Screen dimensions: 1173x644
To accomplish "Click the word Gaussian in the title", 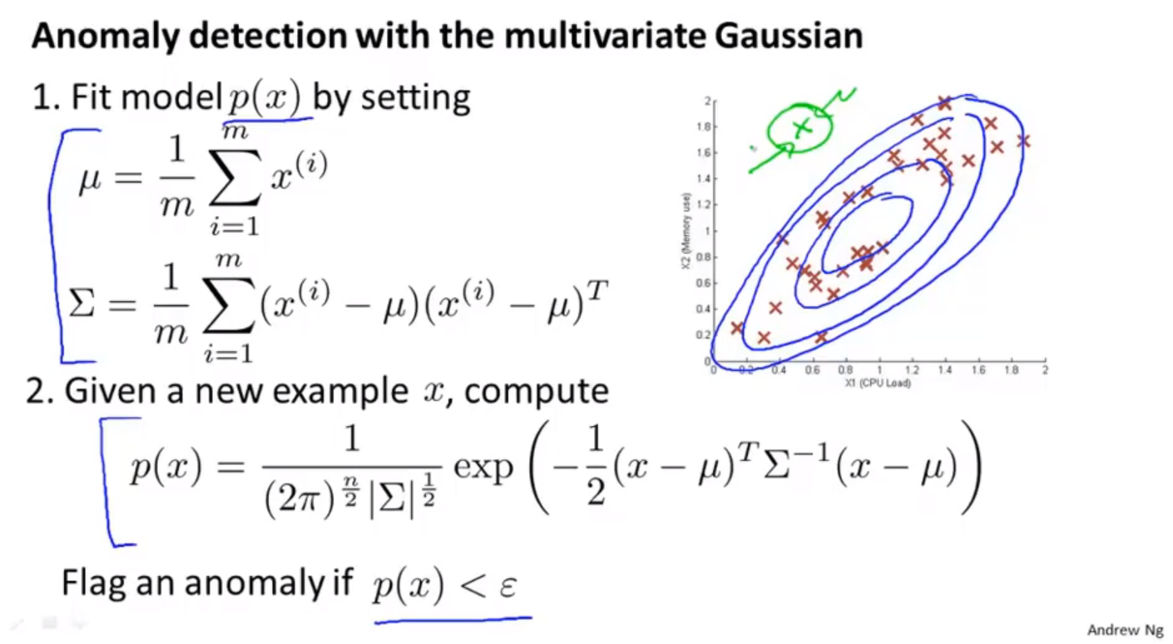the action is (x=789, y=36).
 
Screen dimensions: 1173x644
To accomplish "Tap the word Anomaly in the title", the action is (x=106, y=37).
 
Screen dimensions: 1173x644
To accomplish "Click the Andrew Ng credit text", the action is (x=1126, y=629).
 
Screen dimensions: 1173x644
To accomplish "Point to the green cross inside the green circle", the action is (x=802, y=126).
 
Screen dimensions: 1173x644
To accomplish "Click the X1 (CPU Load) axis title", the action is (x=878, y=384).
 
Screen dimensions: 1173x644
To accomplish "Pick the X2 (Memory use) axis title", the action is (x=686, y=231).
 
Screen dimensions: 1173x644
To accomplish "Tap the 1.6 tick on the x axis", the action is (x=978, y=370).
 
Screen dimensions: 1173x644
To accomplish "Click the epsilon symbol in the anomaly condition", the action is (x=508, y=585).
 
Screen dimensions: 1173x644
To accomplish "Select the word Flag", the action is (x=93, y=582).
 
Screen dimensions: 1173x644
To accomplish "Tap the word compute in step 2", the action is (x=537, y=392).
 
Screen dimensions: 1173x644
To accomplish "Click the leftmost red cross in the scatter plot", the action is (x=737, y=328).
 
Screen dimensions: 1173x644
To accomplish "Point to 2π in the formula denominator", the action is (x=299, y=499).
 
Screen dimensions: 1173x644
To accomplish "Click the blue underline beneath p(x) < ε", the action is (x=453, y=622).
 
